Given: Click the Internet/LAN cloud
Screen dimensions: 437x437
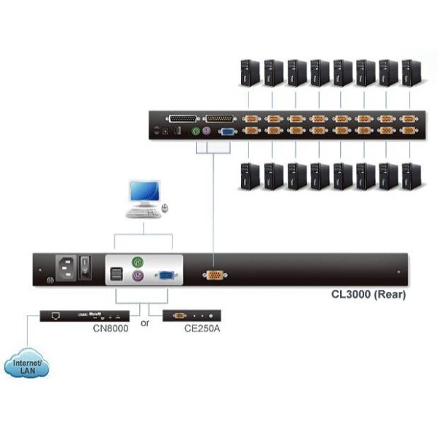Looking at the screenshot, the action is tap(27, 363).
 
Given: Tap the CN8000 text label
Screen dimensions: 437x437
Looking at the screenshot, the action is tap(111, 328).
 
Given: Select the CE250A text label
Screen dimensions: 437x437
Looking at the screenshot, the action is tap(202, 328).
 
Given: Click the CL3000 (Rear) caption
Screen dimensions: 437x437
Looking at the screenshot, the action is tap(369, 294).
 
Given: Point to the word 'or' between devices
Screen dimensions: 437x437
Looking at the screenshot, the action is tap(145, 323).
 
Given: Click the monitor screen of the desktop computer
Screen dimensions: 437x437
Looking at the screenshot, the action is tap(145, 191).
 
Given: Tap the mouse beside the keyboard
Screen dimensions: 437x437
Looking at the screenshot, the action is tap(165, 208).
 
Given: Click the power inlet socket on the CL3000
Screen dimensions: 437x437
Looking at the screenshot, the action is tap(66, 268).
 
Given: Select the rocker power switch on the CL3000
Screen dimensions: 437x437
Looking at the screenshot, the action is tap(85, 267).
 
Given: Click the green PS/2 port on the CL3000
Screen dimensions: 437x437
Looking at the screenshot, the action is tap(138, 262).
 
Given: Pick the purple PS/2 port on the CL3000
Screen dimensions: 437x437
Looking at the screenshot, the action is tap(138, 276).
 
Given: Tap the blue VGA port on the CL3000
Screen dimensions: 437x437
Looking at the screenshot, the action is tap(166, 275).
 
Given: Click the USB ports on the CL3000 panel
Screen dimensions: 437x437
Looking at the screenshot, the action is tap(117, 274).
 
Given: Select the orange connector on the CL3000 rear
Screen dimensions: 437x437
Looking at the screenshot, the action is tap(215, 275).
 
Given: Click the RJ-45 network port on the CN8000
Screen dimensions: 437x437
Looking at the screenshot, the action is tap(56, 316).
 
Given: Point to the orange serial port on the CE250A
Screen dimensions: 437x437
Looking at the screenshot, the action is tap(179, 316).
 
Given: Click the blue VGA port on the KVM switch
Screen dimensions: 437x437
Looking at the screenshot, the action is tap(227, 132).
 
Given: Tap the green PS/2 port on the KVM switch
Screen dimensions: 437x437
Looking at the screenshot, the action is tap(196, 130).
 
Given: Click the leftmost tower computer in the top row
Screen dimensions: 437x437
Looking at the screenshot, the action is tap(250, 73).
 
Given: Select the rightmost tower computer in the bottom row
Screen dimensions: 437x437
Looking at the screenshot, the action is tap(412, 177).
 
